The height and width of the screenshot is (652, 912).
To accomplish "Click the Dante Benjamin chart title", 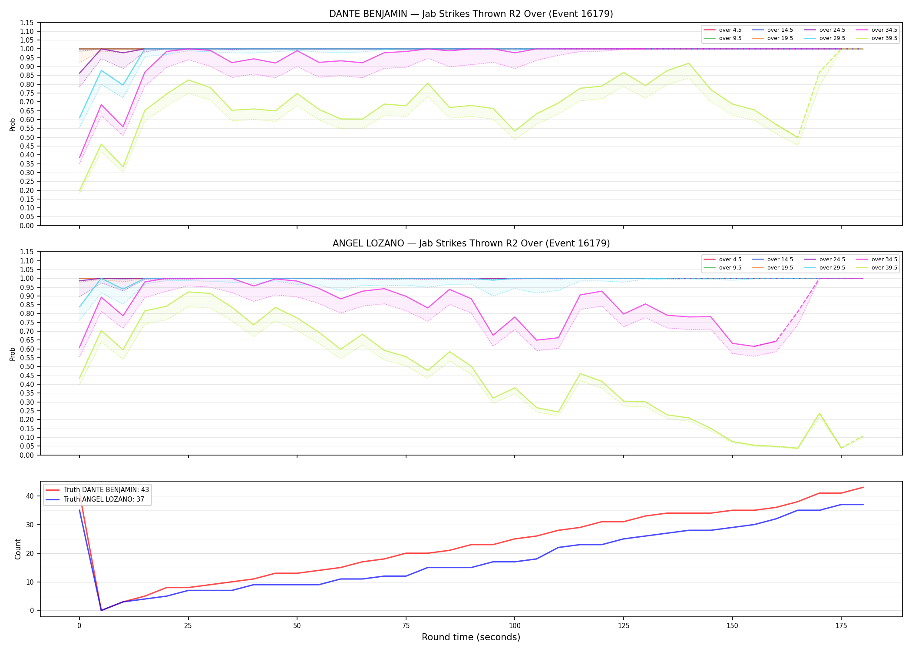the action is coord(471,14).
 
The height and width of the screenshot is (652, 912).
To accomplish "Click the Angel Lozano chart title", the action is coord(471,243).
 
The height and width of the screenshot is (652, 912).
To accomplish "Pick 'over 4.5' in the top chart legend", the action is coord(730,30).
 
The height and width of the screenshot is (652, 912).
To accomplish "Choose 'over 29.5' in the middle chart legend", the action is coord(832,268).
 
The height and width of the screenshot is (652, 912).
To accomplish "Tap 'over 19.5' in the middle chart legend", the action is coord(780,268).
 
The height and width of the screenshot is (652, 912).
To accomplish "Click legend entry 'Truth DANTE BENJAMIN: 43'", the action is coord(106,490).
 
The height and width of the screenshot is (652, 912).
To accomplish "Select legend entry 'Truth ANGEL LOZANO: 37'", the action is coord(104,499).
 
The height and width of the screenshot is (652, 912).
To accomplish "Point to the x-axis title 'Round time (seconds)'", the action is coord(471,637).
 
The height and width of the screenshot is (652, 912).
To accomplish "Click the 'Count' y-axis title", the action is coord(18,549).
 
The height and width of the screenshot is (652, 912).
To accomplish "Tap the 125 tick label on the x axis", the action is coord(623,626).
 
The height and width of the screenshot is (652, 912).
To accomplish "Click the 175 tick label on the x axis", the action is coord(841,626).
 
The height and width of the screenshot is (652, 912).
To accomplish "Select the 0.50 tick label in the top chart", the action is coord(27,137).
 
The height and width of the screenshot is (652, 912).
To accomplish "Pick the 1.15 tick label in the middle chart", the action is coord(27,252).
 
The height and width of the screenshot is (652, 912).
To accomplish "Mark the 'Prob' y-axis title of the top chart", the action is coord(13,124).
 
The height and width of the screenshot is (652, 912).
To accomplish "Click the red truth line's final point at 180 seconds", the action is coord(863,487).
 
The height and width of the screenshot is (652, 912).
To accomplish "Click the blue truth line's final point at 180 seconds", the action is coord(863,505).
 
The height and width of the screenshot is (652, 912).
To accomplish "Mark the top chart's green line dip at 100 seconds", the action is coord(515,131).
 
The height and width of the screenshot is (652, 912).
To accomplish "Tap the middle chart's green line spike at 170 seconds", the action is coord(819,413).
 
